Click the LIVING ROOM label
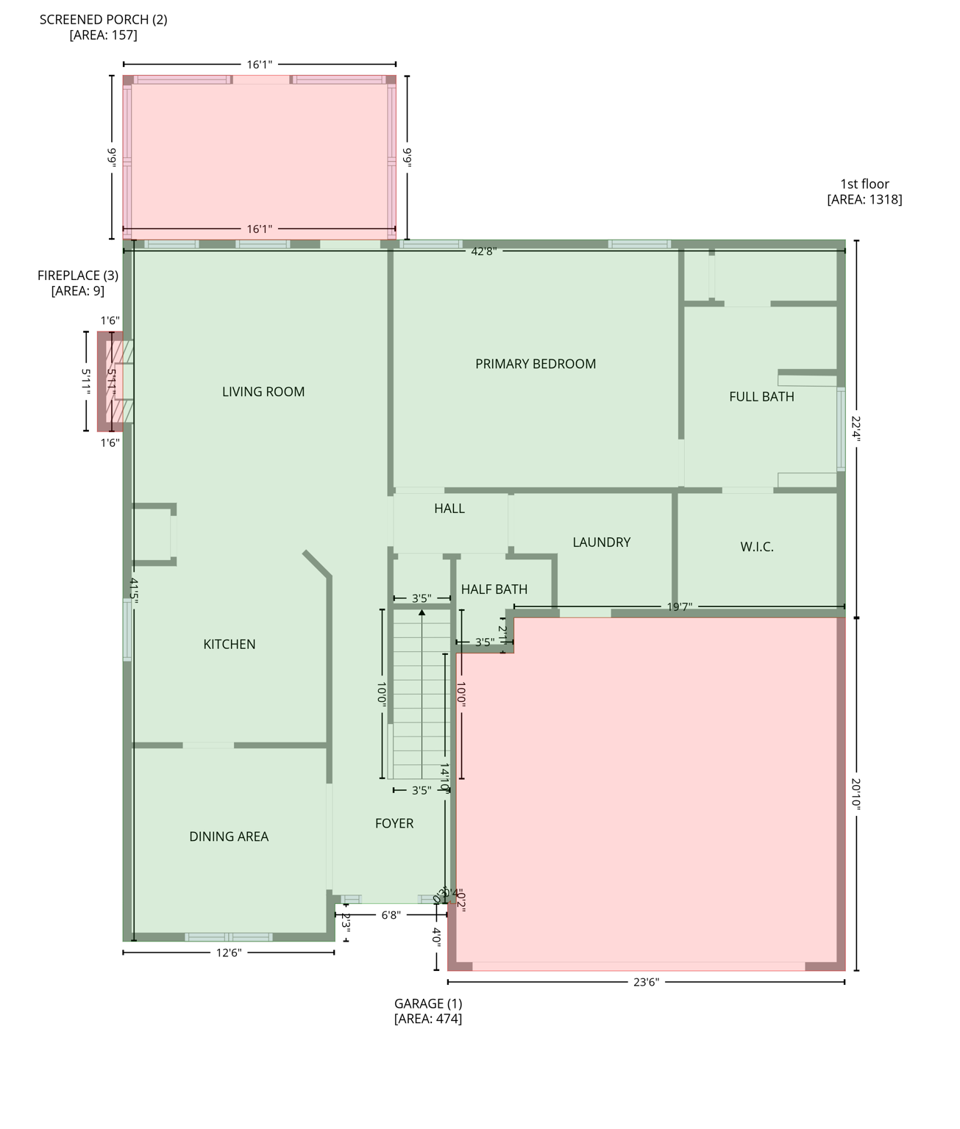click(263, 392)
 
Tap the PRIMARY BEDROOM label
click(536, 364)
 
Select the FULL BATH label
click(761, 397)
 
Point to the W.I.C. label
click(756, 547)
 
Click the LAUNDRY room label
click(601, 542)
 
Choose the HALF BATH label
click(494, 589)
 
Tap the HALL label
click(449, 509)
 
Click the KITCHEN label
click(230, 645)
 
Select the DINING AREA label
click(229, 836)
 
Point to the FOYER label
click(394, 823)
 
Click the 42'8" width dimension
click(483, 251)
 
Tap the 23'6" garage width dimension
click(645, 981)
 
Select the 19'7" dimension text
click(679, 607)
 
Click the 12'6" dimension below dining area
click(228, 953)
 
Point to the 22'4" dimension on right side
click(856, 429)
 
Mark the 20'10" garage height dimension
click(856, 794)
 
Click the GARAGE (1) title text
click(428, 1003)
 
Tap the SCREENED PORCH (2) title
click(103, 20)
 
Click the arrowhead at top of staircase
click(422, 612)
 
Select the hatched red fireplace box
click(111, 381)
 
